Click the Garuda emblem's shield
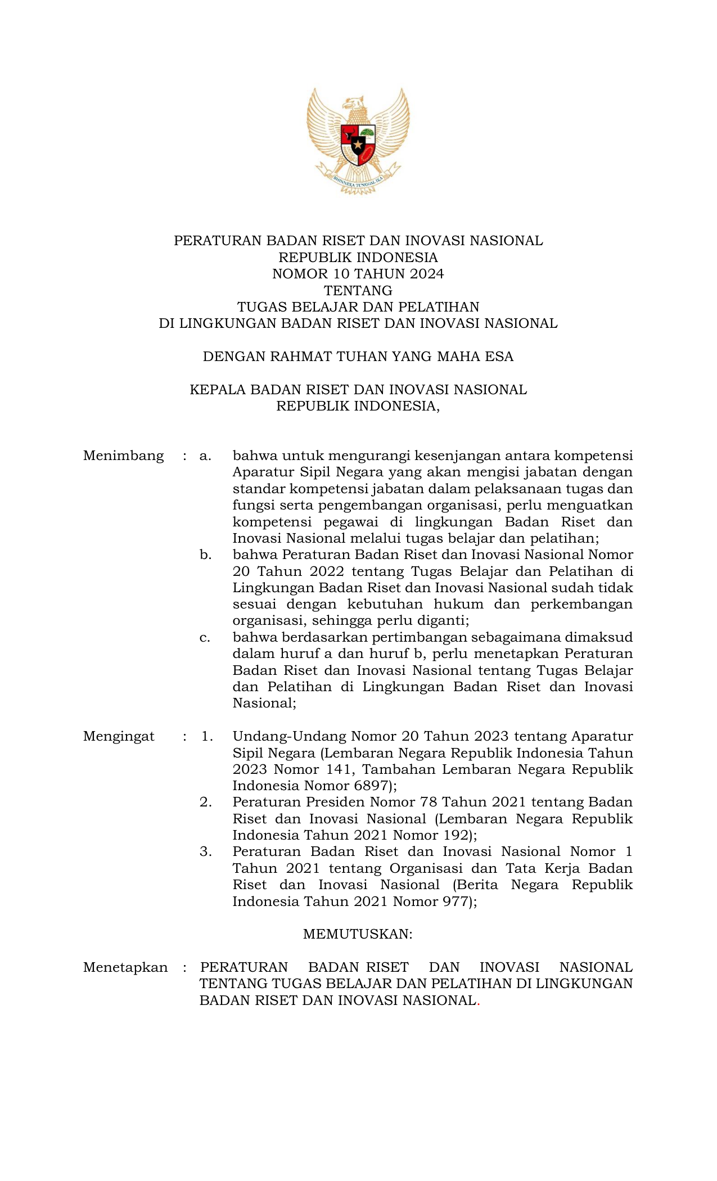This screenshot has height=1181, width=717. pos(358,145)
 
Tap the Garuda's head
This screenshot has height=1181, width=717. pos(355,104)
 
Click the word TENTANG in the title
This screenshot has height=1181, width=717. pos(358,291)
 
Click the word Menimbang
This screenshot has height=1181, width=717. pos(123,456)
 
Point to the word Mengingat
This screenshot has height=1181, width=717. pos(119,737)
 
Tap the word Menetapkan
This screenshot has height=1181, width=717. pos(125,967)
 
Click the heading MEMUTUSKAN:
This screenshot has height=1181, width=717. pos(358,934)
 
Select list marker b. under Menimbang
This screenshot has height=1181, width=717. pos(205,555)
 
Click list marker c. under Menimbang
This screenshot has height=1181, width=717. pos(205,638)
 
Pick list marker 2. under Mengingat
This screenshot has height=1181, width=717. pos(206,803)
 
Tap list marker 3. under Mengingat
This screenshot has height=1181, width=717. pos(206,852)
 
